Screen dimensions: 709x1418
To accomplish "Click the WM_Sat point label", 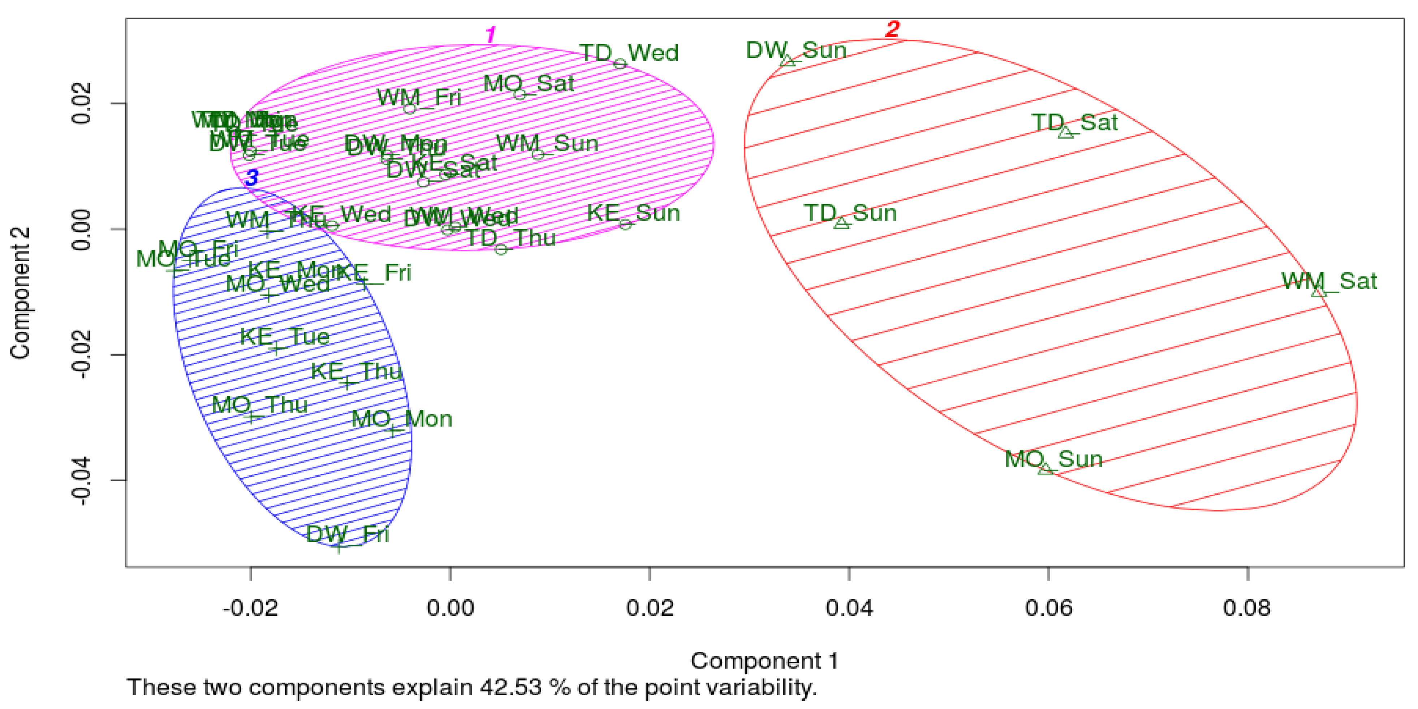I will tap(1329, 281).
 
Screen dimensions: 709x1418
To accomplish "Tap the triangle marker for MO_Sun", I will tap(1045, 469).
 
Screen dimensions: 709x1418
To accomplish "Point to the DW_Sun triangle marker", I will tap(788, 61).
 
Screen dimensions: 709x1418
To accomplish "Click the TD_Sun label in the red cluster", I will tap(850, 213).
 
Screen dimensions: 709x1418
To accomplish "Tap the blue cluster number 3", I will tap(251, 178).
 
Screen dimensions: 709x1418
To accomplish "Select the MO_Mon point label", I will tap(402, 419).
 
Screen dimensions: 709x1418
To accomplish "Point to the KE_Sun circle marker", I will tap(625, 224).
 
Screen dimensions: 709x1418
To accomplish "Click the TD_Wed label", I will tap(629, 53).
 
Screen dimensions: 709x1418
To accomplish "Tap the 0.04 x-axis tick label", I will tap(849, 608).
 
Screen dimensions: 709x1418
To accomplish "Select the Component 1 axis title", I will tap(764, 661).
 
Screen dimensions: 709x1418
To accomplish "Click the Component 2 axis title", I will tap(20, 293).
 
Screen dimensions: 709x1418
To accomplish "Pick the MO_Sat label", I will tap(529, 84).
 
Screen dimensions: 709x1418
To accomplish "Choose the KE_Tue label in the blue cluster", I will tap(285, 336).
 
